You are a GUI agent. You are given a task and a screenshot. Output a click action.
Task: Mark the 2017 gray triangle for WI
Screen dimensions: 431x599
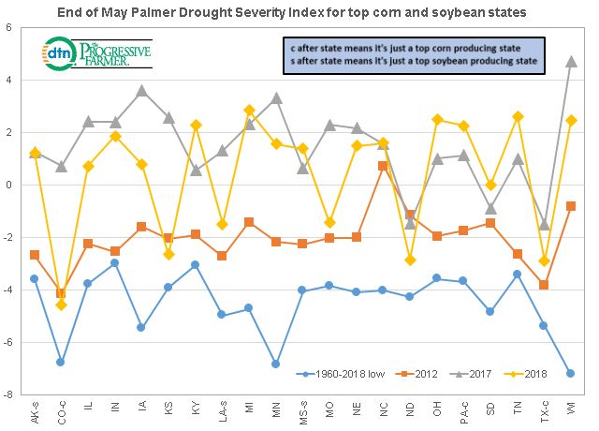[571, 61]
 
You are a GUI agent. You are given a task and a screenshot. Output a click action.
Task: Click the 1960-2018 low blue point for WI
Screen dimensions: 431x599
[571, 373]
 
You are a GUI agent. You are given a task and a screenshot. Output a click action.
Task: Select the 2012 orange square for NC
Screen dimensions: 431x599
[383, 166]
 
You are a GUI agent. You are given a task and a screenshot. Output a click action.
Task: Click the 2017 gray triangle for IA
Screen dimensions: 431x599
[142, 91]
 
